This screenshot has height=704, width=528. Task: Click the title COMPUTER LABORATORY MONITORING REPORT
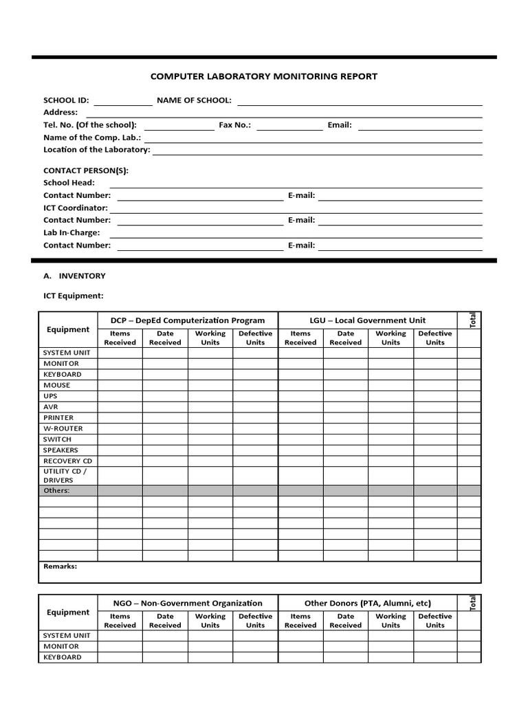point(263,76)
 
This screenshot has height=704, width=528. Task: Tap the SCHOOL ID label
point(66,100)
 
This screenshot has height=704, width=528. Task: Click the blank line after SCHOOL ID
point(123,104)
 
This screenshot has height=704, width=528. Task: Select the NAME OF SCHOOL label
point(194,100)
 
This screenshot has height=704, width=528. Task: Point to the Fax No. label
point(234,125)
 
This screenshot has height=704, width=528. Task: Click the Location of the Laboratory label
point(96,150)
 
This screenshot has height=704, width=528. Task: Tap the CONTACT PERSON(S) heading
point(86,170)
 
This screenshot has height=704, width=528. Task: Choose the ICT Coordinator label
point(76,208)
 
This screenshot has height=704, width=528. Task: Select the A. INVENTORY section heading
point(74,276)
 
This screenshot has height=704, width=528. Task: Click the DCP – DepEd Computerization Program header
point(188,320)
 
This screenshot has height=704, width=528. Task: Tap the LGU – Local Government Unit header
point(368,320)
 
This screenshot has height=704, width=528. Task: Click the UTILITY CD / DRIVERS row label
point(60,475)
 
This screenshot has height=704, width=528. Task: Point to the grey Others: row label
point(57,491)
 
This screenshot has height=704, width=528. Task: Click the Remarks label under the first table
point(60,566)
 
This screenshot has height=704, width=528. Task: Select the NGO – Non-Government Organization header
point(188,603)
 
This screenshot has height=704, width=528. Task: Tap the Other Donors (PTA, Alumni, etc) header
point(368,603)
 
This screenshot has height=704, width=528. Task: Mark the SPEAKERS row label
point(60,450)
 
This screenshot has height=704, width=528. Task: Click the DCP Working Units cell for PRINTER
point(210,417)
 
